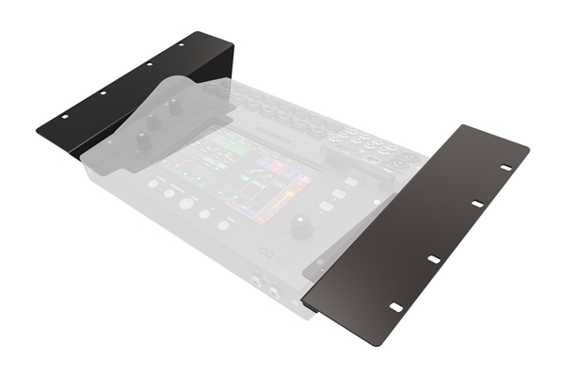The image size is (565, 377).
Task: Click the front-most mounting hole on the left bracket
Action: (x=65, y=117)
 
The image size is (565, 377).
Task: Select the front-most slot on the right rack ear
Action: (x=396, y=307)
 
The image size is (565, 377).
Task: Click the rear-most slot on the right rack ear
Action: (x=506, y=167)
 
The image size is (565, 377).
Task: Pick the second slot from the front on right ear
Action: (x=434, y=258)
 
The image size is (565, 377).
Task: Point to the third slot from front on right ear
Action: (x=476, y=204)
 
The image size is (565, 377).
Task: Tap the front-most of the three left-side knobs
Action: (x=143, y=140)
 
